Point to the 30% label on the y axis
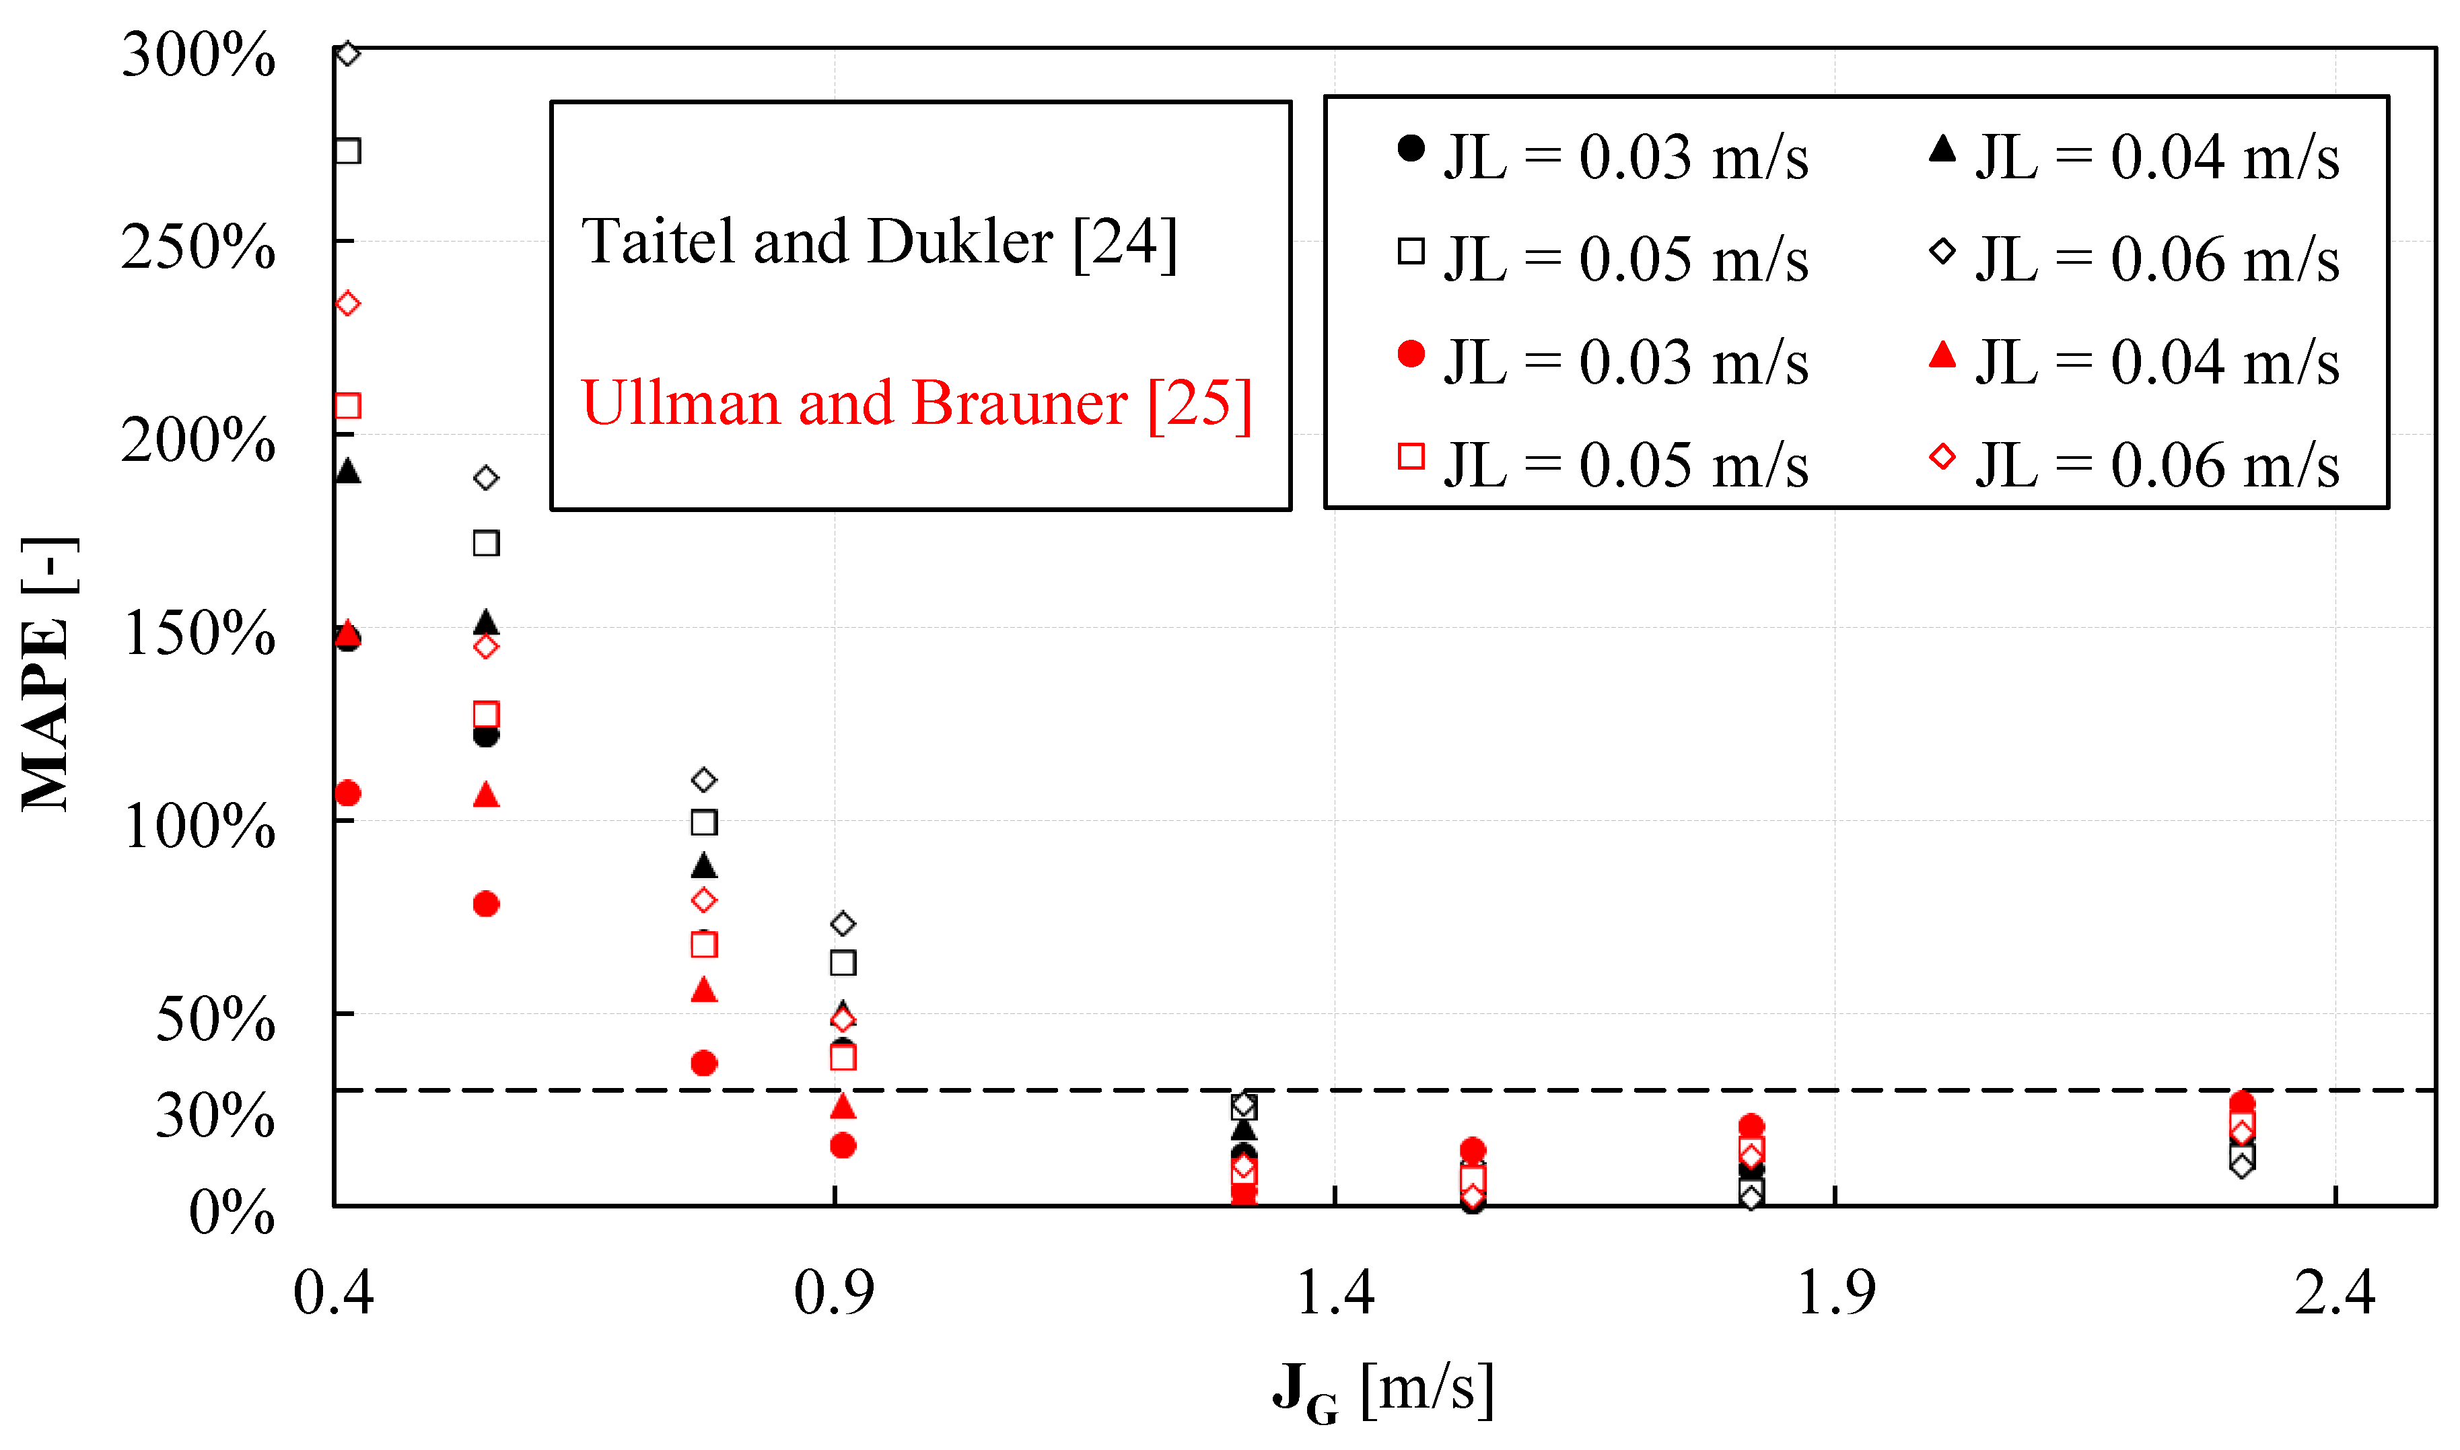215,1115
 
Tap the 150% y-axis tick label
199,633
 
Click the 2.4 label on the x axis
2334,1293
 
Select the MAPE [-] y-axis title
47,674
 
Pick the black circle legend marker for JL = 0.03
1410,149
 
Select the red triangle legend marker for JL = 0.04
1942,354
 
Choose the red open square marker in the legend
1410,456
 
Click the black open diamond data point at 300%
348,52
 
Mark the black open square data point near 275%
348,151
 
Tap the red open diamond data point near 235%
348,304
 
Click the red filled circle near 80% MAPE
486,904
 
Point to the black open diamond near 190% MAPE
486,478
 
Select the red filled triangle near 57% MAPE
704,990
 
